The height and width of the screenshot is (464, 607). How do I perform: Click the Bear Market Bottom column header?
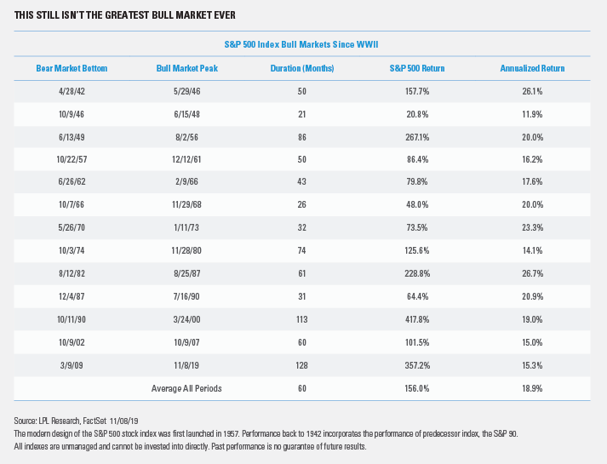click(72, 68)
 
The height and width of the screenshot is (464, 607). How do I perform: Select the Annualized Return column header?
click(532, 68)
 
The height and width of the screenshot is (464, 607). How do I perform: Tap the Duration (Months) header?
click(302, 68)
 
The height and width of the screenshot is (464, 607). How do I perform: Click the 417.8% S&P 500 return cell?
click(417, 319)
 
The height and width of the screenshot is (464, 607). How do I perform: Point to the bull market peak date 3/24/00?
click(186, 319)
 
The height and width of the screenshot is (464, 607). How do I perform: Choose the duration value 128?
click(301, 366)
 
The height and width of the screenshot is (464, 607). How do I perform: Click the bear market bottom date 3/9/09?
click(72, 366)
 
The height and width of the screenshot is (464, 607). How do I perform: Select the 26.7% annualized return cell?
click(532, 273)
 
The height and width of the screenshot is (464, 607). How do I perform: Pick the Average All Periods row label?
click(186, 388)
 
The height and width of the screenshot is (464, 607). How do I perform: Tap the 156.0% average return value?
click(417, 388)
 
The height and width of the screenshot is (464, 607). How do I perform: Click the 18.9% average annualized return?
click(532, 388)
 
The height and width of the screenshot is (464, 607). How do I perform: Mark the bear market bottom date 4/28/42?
click(72, 91)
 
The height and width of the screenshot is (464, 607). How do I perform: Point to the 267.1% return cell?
click(417, 137)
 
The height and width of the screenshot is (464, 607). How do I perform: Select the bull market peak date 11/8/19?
click(186, 366)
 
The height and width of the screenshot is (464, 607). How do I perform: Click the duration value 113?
click(301, 319)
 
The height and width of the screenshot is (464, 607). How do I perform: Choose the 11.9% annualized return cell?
click(532, 115)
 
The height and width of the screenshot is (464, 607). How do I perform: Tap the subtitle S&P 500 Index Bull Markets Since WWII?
click(301, 44)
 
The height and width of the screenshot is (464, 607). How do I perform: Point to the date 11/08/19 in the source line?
click(124, 421)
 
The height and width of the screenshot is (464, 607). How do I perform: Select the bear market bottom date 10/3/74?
click(72, 251)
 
